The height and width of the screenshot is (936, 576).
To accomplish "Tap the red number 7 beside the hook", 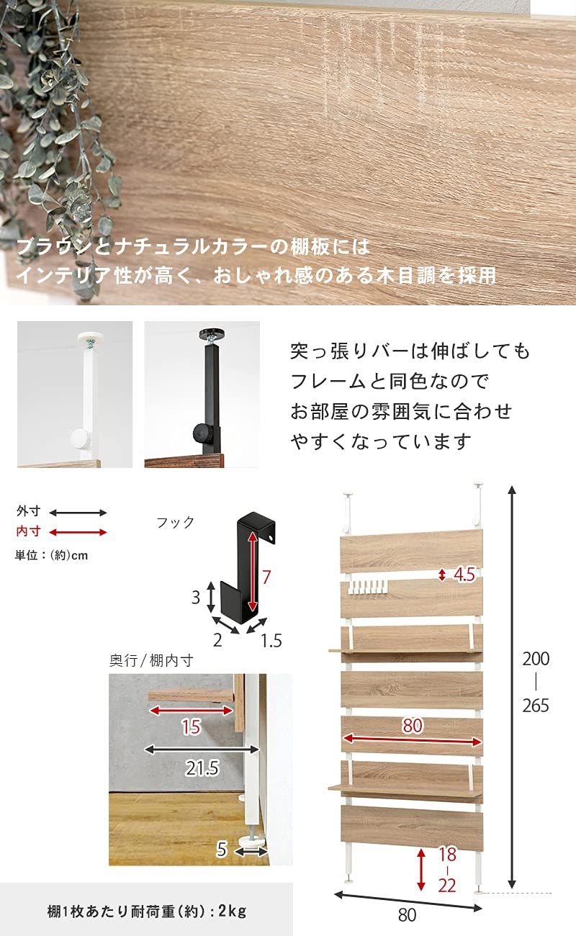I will [x=266, y=576].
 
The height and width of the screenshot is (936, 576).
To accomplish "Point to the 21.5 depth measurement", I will [x=202, y=768].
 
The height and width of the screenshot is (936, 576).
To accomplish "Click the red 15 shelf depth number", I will [x=190, y=727].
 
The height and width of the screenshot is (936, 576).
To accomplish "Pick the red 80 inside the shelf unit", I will [x=412, y=726].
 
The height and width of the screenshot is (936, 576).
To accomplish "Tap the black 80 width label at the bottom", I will [x=407, y=915].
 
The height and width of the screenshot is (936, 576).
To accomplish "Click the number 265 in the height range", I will [x=536, y=705].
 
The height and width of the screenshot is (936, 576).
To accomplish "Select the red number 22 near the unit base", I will [x=447, y=885].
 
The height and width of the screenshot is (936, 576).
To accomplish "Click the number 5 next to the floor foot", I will [x=222, y=850].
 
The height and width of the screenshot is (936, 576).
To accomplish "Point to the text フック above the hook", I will [x=176, y=523].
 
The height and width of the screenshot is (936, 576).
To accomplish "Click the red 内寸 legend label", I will [x=29, y=532].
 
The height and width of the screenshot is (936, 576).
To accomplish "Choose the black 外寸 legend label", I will [x=29, y=512].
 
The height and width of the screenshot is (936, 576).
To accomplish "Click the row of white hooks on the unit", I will [x=367, y=588].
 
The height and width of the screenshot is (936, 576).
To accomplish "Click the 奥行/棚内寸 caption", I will [x=151, y=660].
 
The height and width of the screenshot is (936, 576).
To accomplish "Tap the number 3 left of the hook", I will [x=194, y=597].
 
